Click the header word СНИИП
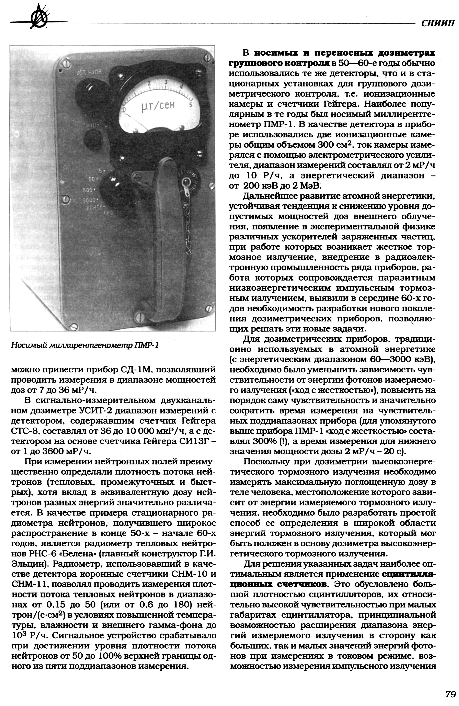(x=438, y=23)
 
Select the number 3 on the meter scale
(x=166, y=82)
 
